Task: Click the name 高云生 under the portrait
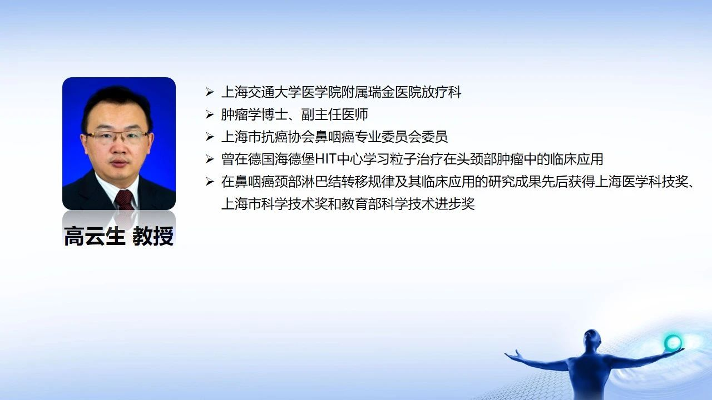(95, 236)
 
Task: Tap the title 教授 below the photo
(153, 236)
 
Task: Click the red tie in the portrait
(124, 199)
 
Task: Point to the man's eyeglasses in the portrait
(117, 137)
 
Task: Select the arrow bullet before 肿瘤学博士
(210, 114)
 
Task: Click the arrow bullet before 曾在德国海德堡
(210, 159)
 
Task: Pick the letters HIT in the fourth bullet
(325, 159)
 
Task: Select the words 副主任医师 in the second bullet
(335, 114)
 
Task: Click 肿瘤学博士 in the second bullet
(254, 114)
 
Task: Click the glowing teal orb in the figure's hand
(673, 342)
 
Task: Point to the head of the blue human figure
(591, 339)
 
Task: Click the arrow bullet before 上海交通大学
(210, 92)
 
